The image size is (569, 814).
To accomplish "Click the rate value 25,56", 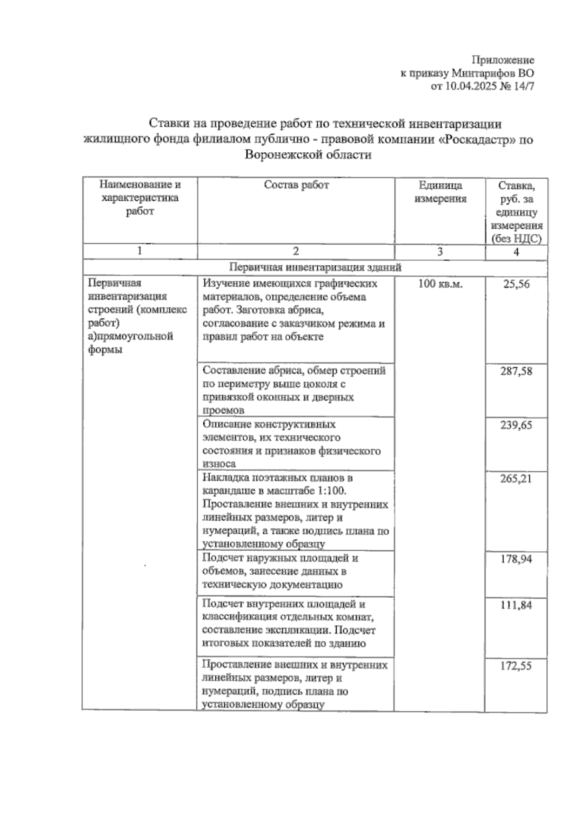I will coord(516,284).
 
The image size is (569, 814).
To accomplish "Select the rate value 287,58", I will coord(516,371).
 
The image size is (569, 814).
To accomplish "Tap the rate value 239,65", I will coord(516,425).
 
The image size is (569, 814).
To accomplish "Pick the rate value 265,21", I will coord(516,478).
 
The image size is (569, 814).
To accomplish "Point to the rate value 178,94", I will coord(516,559).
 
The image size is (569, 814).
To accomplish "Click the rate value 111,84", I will coord(516,605).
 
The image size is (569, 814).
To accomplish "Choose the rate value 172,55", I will coord(516,666).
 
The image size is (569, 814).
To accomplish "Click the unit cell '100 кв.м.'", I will coord(440,284).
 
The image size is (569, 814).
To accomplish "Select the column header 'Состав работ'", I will coord(296,185).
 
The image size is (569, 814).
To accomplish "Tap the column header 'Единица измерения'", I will coord(440,192).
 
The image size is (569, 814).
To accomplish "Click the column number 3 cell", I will coord(440,252).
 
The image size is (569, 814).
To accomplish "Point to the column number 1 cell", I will coord(139,251).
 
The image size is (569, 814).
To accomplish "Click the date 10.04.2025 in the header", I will coord(469,86).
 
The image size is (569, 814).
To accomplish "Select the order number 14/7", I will coord(523,86).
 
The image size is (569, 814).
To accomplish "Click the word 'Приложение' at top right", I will coord(503,60).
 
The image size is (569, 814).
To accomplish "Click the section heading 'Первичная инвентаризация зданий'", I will coord(315,267).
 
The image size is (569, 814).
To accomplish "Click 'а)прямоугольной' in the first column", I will coord(131,336).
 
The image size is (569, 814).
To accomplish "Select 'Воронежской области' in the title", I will coord(308,155).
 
